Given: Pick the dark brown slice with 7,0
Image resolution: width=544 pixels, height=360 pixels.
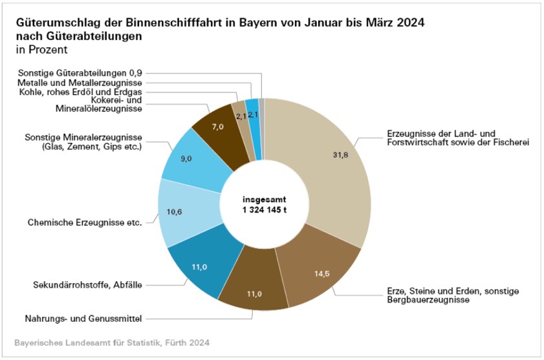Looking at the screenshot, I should click(x=217, y=127).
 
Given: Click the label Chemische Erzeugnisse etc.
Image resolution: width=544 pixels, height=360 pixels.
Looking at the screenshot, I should click(x=85, y=222).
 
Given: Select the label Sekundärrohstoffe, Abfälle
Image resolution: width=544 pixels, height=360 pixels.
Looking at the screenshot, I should click(x=87, y=284).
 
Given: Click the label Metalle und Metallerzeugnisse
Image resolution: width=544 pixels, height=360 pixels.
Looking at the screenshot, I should click(x=80, y=83).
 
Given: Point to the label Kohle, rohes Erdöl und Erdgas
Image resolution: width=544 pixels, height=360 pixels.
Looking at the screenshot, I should click(x=80, y=92).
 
